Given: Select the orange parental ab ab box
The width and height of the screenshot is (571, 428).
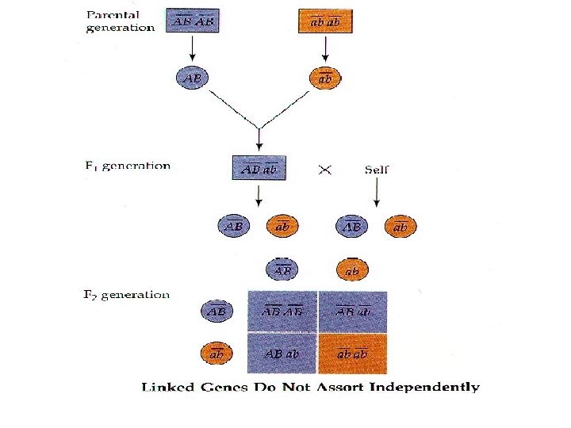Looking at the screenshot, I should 325,21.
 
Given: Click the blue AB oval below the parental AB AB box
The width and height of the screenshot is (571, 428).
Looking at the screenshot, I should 192,78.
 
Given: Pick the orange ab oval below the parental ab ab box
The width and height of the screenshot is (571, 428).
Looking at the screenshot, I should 325,78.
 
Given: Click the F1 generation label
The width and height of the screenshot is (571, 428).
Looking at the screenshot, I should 127,166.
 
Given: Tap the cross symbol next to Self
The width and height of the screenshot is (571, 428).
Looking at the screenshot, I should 324,170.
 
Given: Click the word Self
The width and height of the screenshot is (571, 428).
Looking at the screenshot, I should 377,170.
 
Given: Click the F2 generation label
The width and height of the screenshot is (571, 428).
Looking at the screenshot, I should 127,295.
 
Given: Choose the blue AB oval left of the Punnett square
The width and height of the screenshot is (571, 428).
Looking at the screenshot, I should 216,311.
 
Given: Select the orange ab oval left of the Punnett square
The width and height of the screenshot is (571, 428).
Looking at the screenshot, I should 216,353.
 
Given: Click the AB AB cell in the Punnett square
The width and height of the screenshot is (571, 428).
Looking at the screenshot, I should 282,311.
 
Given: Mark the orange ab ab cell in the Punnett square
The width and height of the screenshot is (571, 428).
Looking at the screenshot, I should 353,353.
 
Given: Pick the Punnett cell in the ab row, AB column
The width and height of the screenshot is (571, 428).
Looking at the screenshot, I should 282,353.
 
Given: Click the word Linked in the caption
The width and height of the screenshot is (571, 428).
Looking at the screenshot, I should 164,388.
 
